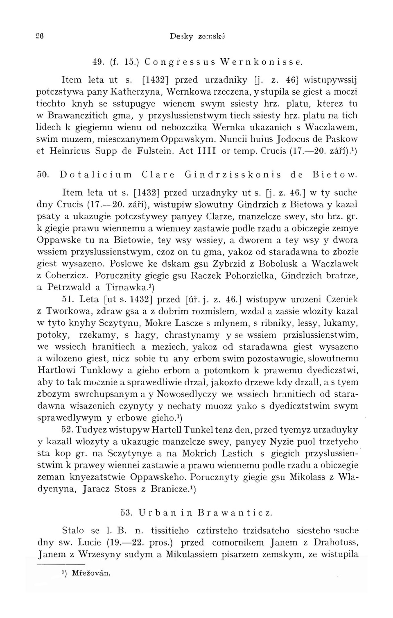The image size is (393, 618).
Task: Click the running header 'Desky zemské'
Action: pos(198,36)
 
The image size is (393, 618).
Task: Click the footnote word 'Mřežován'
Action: pos(91,573)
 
